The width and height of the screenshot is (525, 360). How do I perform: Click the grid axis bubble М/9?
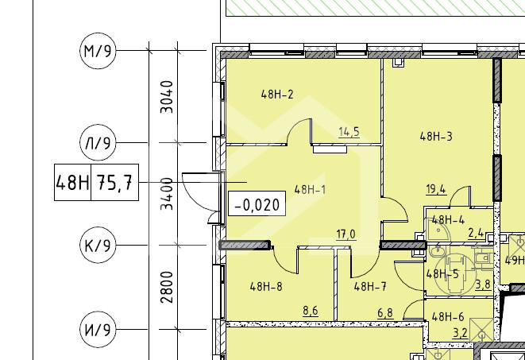tap(98, 51)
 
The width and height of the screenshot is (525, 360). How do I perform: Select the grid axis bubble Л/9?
tap(98, 143)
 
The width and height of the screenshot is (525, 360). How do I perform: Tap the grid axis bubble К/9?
tap(98, 245)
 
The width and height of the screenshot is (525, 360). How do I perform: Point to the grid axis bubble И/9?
tap(98, 329)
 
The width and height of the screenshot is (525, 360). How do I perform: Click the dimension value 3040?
tap(167, 97)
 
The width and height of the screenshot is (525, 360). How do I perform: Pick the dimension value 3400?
tap(167, 194)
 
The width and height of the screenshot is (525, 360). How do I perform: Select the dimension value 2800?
tap(167, 287)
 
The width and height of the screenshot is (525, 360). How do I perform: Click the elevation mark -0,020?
tap(257, 203)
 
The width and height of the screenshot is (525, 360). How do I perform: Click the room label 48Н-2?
tap(277, 95)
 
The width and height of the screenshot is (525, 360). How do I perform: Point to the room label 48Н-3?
tap(436, 137)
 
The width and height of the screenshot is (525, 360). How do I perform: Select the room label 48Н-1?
tap(310, 190)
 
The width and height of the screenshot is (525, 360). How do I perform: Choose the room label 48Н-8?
tap(266, 287)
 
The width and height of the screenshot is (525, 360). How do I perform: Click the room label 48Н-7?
tap(370, 287)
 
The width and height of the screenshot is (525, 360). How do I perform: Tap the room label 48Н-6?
tap(448, 316)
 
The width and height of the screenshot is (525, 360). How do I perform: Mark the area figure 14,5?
tap(349, 132)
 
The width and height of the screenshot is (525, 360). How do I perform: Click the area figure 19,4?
tap(436, 190)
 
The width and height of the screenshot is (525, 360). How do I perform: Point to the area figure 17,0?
tap(346, 234)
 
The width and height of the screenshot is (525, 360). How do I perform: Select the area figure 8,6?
tap(311, 311)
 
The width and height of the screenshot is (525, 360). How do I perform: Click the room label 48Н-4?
tap(448, 220)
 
